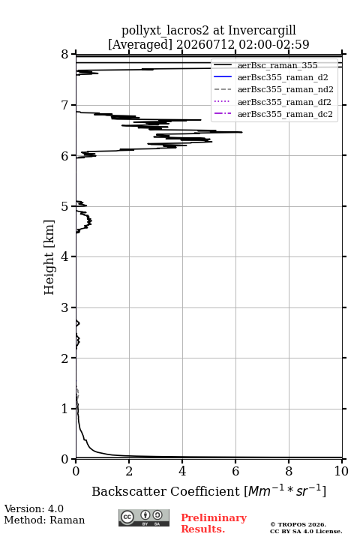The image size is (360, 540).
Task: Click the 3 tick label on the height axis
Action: point(64,307)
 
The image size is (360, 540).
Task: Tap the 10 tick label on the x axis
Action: point(341,471)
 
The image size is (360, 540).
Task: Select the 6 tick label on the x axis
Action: point(235,471)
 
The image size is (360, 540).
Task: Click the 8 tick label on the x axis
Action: point(289,471)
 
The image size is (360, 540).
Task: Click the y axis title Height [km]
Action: point(49,257)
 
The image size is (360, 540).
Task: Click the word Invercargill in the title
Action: point(262,31)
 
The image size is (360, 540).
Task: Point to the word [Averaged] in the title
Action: point(140,45)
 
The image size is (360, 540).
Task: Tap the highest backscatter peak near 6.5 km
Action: point(241,132)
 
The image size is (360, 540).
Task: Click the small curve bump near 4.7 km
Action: point(90,220)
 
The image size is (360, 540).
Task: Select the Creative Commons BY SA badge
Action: point(144,517)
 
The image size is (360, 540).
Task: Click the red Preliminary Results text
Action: point(214,523)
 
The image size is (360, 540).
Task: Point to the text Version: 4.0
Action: point(34,508)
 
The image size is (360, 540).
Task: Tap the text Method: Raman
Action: point(44,520)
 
